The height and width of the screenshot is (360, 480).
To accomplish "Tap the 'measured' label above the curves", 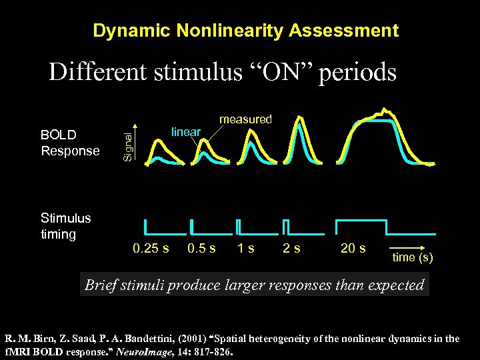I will tap(246, 119).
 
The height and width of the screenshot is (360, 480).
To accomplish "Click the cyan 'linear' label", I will tap(186, 132).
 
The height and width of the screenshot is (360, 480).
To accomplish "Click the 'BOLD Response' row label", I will tap(69, 143).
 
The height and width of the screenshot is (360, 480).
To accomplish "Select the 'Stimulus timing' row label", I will tap(65, 226).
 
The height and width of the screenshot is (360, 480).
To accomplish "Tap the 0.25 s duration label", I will tap(151, 249).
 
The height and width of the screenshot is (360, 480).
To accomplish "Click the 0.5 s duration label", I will tap(201, 249).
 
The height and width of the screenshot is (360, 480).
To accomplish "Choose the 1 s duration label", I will tap(245, 249).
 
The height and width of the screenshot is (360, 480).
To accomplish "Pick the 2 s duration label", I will tap(291, 249).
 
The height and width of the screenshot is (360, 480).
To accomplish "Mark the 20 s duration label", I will tap(353, 249).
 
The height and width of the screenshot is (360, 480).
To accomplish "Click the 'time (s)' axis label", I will tap(412, 257).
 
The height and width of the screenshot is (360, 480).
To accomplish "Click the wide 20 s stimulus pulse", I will tap(361, 220).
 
